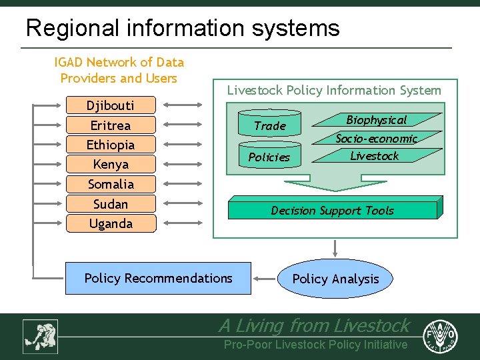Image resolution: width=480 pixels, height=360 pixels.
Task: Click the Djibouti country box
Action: coord(111,105)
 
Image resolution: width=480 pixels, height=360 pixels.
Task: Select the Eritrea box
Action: coord(111,125)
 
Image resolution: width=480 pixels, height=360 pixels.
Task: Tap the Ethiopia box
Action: coord(111,145)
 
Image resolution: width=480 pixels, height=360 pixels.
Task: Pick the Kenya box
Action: coord(111,164)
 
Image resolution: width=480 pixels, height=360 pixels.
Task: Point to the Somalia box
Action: coord(111,184)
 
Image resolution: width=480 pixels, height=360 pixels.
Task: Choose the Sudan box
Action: coord(111,204)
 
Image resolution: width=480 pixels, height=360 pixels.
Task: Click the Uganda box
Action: coord(111,223)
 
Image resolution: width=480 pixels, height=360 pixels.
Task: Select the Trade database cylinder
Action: coord(270,125)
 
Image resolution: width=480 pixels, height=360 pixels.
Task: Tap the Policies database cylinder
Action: coord(269,156)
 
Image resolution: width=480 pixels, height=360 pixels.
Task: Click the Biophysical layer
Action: coord(377,120)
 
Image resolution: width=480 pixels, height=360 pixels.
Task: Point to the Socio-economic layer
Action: coord(377,139)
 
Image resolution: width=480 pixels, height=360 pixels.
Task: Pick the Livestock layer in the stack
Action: coord(375,156)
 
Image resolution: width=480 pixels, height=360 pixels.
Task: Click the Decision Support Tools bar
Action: coord(333,210)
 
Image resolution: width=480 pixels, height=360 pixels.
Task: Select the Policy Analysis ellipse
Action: coord(335,279)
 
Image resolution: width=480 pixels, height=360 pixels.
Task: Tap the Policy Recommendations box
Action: coord(159,278)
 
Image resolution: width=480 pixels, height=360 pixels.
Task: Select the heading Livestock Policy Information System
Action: coord(334,90)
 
